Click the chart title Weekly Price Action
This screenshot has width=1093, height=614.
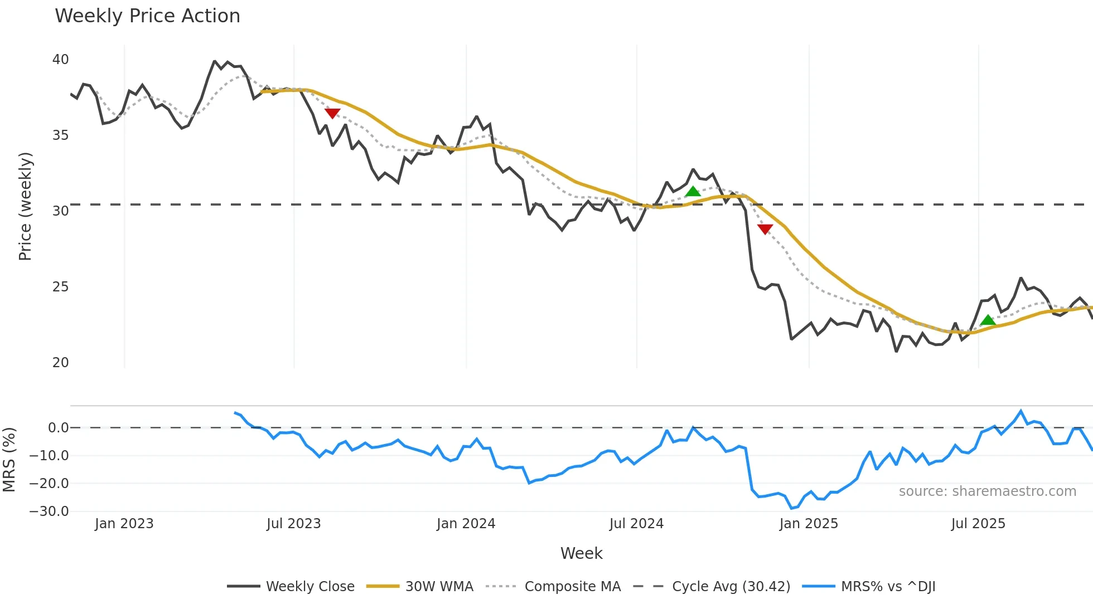tap(147, 16)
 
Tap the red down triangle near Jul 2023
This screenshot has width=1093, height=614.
tap(332, 114)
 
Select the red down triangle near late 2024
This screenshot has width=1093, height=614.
tap(765, 229)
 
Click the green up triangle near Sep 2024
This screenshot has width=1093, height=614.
tap(693, 192)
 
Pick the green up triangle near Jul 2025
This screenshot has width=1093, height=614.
tap(988, 320)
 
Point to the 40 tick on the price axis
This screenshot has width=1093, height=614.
tap(60, 60)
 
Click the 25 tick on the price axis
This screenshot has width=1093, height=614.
tap(60, 287)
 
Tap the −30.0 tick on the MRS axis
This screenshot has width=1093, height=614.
tap(49, 511)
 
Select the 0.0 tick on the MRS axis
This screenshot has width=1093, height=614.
tap(58, 428)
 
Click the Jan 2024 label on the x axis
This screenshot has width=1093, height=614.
tap(466, 524)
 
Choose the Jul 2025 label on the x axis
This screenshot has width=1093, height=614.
tap(978, 524)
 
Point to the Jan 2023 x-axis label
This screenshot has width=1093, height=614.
tap(124, 524)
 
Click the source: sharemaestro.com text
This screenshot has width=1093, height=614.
tap(987, 491)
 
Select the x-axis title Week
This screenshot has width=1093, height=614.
tap(581, 553)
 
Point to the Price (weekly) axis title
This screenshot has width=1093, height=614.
tap(25, 206)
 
